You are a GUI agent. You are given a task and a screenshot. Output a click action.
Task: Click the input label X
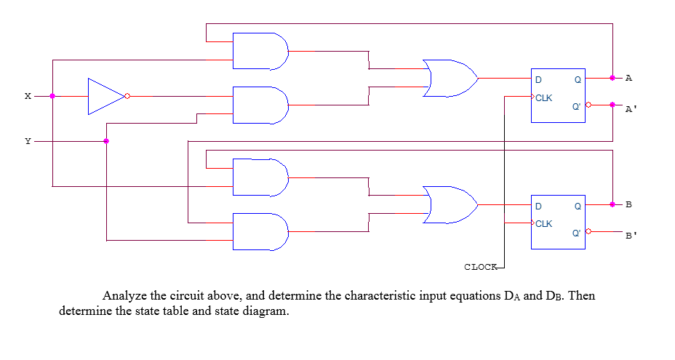coord(28,96)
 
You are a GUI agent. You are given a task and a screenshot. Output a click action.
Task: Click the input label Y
coord(28,141)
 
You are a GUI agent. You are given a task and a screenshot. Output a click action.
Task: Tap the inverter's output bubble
coord(127,96)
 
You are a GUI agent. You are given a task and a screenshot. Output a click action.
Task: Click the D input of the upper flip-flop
coord(538,79)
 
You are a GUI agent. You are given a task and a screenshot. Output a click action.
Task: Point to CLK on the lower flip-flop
coord(544,223)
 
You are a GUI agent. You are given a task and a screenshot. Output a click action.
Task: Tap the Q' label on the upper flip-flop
coord(576,106)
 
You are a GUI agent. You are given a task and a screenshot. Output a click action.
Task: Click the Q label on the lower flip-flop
coord(577,206)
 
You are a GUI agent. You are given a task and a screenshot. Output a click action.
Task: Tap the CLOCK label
coord(480,267)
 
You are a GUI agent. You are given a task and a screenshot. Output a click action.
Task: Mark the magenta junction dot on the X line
coord(52,96)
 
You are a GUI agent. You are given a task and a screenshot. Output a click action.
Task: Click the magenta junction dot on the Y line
coord(106,141)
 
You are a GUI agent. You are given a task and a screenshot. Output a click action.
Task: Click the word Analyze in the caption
coord(124,296)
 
